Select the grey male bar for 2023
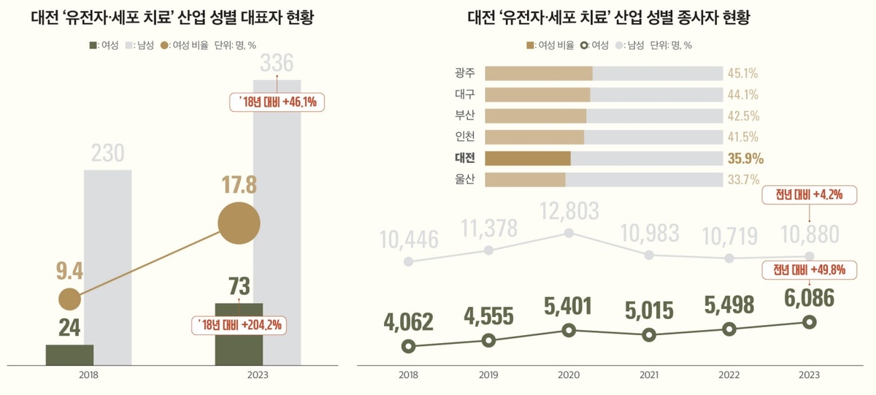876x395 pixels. tap(277, 219)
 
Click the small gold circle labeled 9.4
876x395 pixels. tap(69, 298)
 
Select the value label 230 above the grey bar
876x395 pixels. tap(108, 154)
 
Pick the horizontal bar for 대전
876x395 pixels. tap(527, 158)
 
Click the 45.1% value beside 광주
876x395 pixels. tap(742, 74)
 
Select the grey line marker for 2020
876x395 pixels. tap(569, 234)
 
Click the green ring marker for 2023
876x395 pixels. tap(808, 322)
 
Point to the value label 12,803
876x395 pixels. tap(569, 211)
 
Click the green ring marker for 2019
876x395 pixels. tap(489, 340)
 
